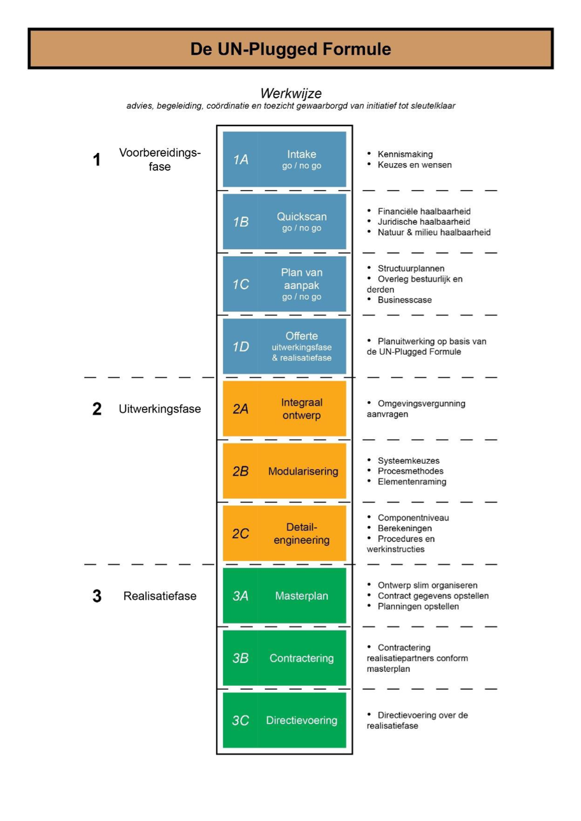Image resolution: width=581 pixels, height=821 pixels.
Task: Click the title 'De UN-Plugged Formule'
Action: [x=290, y=49]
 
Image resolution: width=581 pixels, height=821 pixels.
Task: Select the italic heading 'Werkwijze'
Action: [x=290, y=94]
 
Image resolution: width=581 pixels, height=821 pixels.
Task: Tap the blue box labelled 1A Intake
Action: [x=285, y=159]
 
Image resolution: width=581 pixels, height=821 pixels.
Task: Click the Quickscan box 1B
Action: [x=285, y=222]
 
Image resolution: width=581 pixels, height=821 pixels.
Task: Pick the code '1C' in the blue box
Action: [x=241, y=285]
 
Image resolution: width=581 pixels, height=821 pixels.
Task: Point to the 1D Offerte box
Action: [x=285, y=346]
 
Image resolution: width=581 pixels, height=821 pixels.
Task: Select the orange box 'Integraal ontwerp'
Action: [x=285, y=408]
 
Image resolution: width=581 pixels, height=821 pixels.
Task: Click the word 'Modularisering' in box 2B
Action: [x=303, y=471]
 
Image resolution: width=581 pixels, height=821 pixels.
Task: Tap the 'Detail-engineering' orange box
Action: [x=285, y=533]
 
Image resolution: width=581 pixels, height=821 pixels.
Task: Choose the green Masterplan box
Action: [x=285, y=596]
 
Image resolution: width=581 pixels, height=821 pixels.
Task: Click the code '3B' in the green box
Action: [x=240, y=659]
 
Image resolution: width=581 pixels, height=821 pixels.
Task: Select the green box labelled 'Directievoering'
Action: [x=285, y=720]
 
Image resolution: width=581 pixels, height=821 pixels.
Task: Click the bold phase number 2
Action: [x=97, y=409]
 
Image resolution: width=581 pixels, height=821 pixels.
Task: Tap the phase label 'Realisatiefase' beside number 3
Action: [x=160, y=596]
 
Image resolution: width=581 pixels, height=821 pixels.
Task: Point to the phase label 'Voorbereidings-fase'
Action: [x=160, y=159]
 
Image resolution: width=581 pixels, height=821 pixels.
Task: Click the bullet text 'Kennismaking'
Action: [x=405, y=154]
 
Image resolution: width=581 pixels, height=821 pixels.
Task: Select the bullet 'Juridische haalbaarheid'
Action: [x=424, y=222]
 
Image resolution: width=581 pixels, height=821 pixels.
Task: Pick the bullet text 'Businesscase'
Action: [x=405, y=300]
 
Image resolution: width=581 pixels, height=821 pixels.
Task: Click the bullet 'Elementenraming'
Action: [x=412, y=482]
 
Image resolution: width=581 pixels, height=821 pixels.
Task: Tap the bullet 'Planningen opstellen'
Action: [x=419, y=606]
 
